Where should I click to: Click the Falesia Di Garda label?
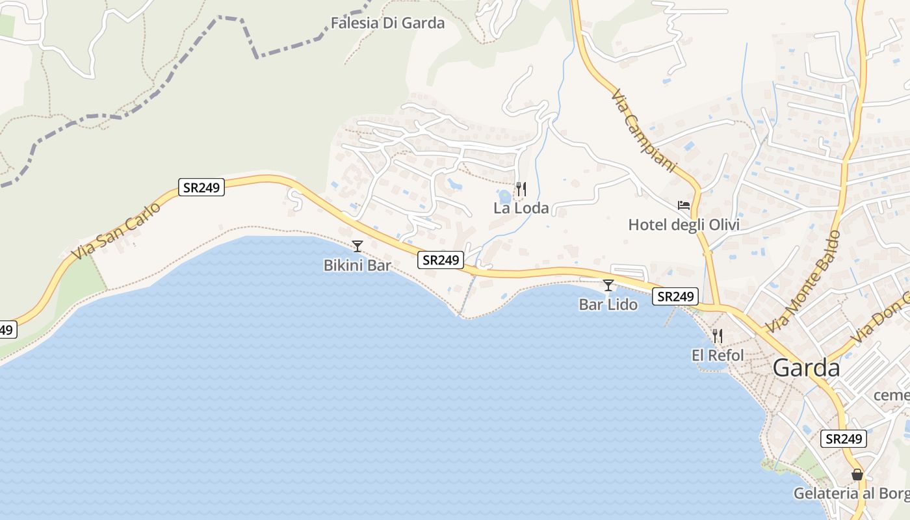tap(387, 23)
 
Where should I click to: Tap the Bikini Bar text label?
tap(357, 265)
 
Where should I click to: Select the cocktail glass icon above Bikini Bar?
tap(357, 246)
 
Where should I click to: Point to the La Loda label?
tap(521, 208)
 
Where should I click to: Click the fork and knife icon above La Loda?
tap(521, 189)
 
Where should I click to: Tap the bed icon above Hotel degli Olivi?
tap(684, 205)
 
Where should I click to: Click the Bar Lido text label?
tap(608, 304)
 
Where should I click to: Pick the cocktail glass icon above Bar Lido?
tap(608, 285)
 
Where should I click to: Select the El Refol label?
tap(718, 356)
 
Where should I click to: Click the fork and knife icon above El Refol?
tap(718, 336)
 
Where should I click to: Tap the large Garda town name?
tap(806, 368)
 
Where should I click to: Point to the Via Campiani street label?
tap(644, 131)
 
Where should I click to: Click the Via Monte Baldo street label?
tap(803, 282)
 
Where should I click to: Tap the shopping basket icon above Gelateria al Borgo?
tap(857, 474)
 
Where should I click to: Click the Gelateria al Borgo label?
tap(851, 493)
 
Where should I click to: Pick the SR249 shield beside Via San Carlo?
tap(201, 188)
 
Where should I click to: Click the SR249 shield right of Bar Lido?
tap(676, 296)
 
